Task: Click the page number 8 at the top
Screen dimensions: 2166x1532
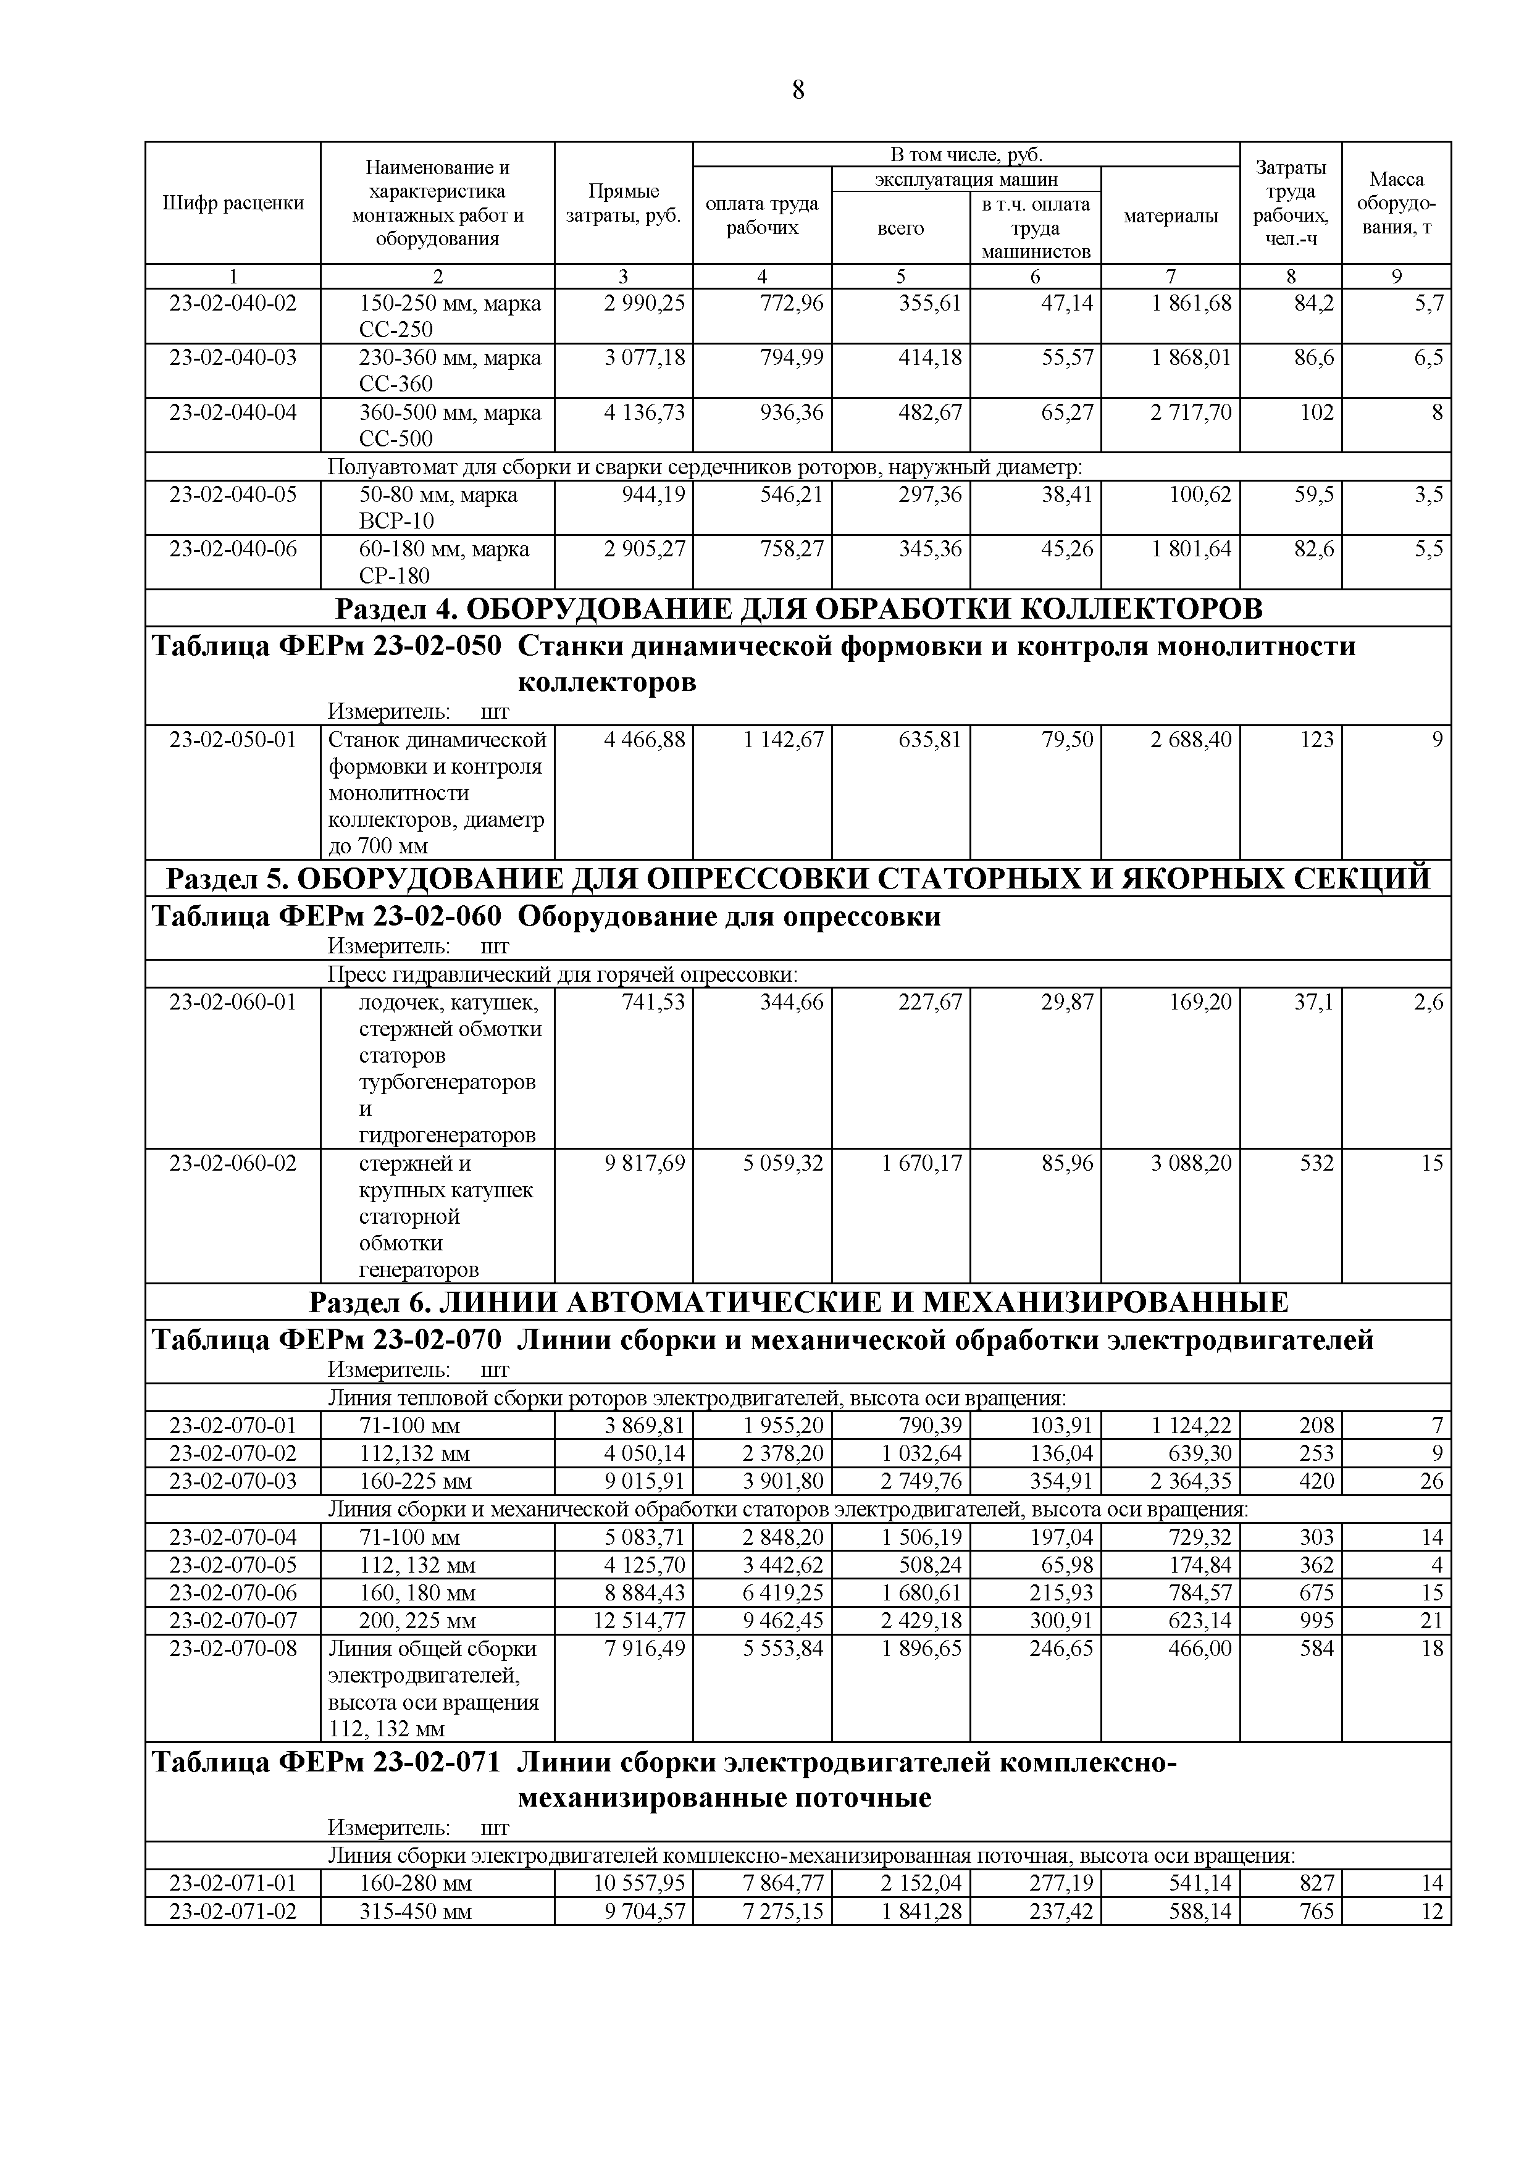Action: click(x=798, y=91)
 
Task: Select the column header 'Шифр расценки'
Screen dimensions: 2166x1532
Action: click(x=233, y=203)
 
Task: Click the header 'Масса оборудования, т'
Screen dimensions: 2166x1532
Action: click(x=1396, y=203)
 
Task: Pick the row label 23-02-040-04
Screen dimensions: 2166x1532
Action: click(x=233, y=413)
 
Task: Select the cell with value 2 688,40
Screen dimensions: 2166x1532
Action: click(x=1191, y=740)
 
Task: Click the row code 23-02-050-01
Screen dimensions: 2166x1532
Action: click(x=233, y=740)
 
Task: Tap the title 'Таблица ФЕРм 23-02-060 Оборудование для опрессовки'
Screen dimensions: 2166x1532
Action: click(x=547, y=916)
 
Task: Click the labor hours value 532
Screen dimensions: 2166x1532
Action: click(x=1317, y=1163)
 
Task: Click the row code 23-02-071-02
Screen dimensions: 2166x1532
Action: click(x=233, y=1911)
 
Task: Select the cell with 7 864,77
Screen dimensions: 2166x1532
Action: click(x=783, y=1884)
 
